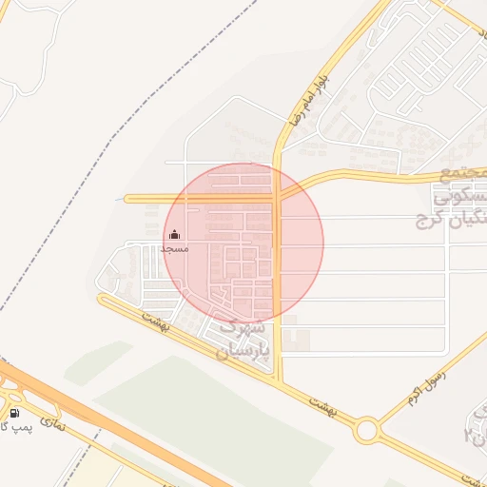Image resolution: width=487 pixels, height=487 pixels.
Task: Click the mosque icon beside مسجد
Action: (174, 235)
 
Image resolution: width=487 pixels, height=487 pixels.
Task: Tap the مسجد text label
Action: (174, 248)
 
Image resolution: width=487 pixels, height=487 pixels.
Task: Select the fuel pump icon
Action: (15, 413)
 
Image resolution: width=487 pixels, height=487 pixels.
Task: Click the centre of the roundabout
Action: (365, 430)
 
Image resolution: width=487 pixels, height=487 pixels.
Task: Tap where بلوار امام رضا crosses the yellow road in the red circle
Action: (277, 197)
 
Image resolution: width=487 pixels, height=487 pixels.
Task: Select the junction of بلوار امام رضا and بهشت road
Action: (278, 380)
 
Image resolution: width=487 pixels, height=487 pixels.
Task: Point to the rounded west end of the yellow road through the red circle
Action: (128, 199)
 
